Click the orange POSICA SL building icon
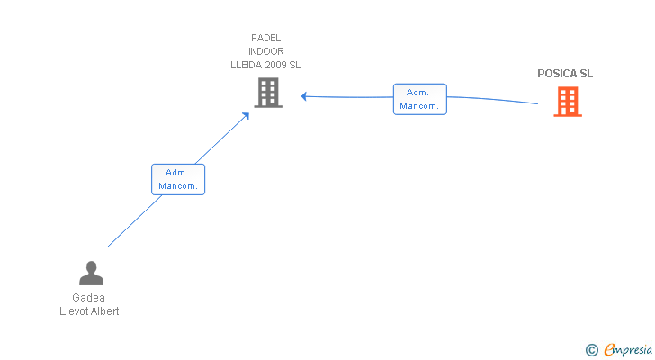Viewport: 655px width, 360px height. (x=568, y=102)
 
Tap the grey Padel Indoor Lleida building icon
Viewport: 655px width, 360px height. (x=268, y=93)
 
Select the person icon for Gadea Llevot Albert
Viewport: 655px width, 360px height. (x=91, y=273)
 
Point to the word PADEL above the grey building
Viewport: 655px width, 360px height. (x=265, y=38)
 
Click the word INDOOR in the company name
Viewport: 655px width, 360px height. (x=266, y=51)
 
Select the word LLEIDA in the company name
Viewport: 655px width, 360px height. (x=246, y=65)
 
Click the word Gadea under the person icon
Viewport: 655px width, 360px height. (x=88, y=298)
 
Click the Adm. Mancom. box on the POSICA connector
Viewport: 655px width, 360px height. (x=420, y=99)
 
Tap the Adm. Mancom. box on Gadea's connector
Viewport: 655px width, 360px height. (x=178, y=180)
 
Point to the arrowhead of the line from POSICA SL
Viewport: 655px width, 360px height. (x=304, y=96)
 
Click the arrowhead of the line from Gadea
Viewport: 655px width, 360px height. (x=246, y=116)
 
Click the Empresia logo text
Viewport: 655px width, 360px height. (x=628, y=350)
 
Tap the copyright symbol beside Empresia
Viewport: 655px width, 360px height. (x=591, y=350)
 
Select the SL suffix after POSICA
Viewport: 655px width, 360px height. (x=586, y=74)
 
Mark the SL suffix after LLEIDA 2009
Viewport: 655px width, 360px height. (x=294, y=65)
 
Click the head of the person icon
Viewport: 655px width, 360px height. (x=91, y=267)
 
